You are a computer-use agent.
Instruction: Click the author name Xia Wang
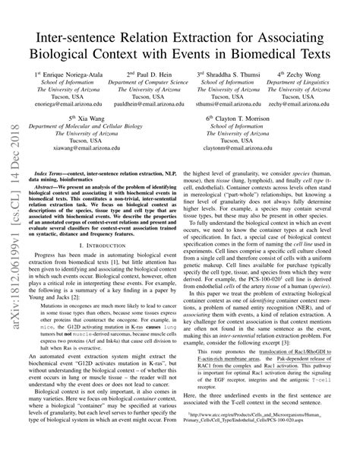tap(99, 119)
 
